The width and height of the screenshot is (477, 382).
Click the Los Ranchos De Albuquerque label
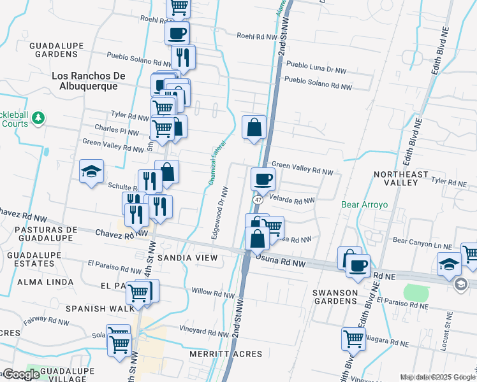[x=88, y=81]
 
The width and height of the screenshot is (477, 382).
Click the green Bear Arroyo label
[x=364, y=205]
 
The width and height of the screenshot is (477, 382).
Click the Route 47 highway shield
[x=258, y=200]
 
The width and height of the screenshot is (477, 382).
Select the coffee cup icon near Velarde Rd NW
[x=262, y=179]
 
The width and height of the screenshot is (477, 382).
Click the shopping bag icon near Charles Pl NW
[x=254, y=127]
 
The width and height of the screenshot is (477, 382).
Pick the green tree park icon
[x=38, y=118]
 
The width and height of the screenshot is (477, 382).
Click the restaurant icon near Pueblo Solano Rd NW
[x=183, y=57]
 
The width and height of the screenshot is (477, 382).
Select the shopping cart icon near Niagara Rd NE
[x=353, y=339]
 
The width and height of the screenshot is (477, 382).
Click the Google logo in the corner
[x=21, y=374]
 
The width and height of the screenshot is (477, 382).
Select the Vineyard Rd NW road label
[x=203, y=331]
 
